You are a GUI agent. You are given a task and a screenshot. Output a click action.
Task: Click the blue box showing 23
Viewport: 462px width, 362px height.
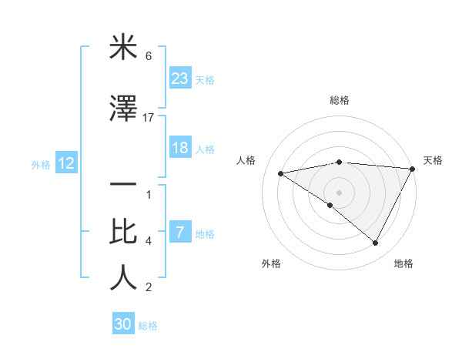tap(180, 79)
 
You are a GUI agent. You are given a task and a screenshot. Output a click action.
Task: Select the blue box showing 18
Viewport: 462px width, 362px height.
tap(180, 148)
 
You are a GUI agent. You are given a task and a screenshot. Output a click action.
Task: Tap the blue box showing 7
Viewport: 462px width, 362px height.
tap(180, 233)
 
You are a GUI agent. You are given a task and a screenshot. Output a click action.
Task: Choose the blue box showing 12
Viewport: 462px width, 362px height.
tap(65, 163)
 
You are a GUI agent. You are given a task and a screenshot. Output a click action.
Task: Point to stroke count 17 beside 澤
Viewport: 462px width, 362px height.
tap(149, 117)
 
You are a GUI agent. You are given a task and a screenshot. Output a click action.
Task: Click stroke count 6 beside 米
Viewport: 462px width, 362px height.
tap(149, 56)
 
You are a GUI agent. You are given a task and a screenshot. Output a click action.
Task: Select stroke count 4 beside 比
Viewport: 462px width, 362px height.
tap(149, 241)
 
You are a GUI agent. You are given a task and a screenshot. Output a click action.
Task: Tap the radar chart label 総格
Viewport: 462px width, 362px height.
tap(339, 100)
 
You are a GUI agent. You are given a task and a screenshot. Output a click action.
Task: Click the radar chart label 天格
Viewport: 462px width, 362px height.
tap(433, 160)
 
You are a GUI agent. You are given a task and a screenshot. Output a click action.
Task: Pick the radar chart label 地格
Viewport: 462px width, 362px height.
tap(403, 263)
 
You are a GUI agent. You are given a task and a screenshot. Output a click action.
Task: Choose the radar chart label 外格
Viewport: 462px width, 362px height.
tap(271, 263)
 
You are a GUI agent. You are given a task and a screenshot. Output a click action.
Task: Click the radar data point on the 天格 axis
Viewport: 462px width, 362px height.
tap(413, 168)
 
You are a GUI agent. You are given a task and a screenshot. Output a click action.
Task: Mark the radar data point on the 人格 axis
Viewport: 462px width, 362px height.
tap(281, 173)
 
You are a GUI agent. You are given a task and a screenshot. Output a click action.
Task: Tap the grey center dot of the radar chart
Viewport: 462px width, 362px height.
tap(339, 192)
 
